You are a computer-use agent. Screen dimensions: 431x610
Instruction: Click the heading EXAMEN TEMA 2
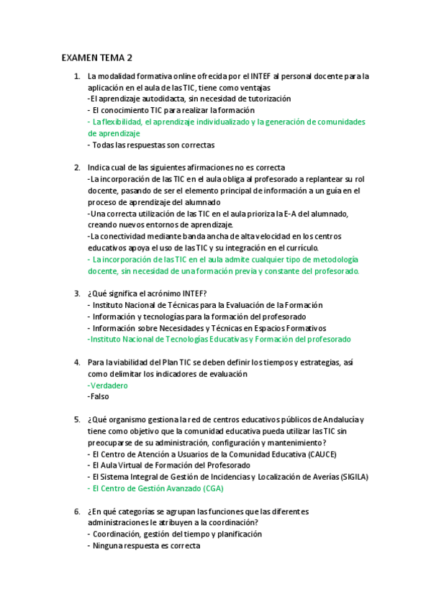[x=97, y=58]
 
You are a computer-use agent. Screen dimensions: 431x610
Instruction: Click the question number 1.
[x=77, y=76]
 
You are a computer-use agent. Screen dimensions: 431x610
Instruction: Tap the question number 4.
[x=77, y=363]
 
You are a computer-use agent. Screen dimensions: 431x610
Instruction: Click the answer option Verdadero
[x=108, y=386]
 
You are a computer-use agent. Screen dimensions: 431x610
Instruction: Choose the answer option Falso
[x=99, y=397]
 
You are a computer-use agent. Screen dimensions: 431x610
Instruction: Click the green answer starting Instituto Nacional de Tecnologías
[x=219, y=339]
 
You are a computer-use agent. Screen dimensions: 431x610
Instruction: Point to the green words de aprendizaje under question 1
[x=114, y=133]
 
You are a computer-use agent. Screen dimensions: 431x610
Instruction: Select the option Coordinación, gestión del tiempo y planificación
[x=177, y=534]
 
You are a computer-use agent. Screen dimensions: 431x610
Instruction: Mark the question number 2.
[x=77, y=168]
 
